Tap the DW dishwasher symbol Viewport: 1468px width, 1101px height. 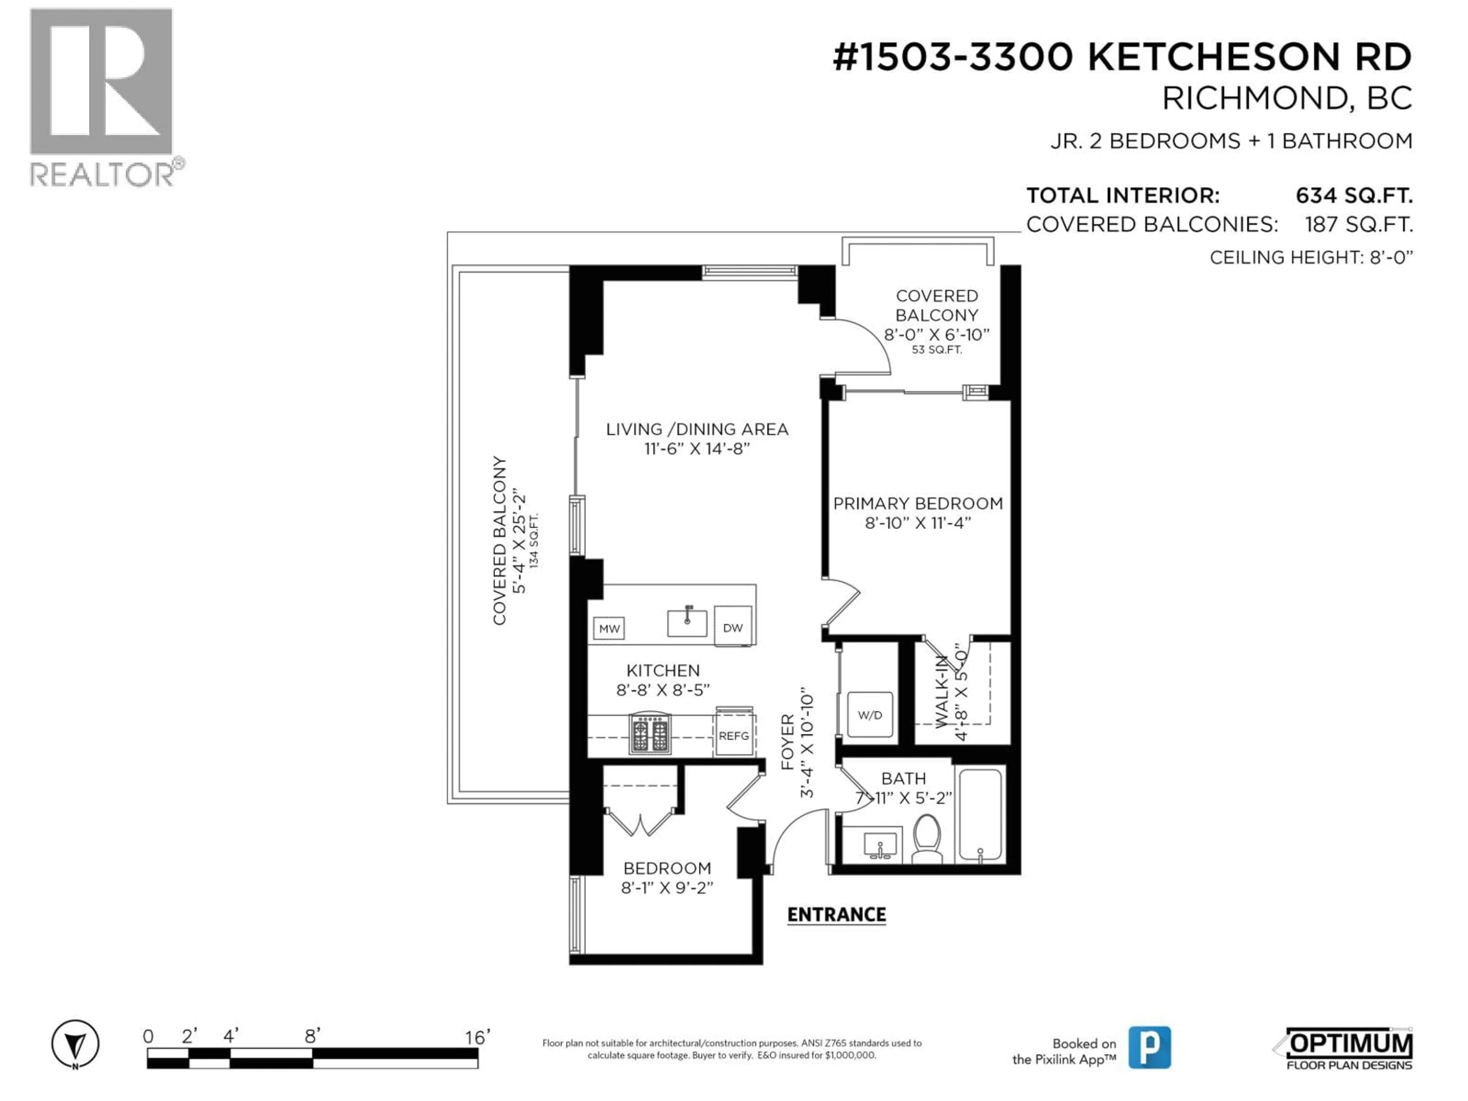pyautogui.click(x=733, y=627)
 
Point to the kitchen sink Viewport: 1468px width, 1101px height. pyautogui.click(x=687, y=622)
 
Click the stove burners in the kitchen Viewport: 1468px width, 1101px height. pyautogui.click(x=650, y=734)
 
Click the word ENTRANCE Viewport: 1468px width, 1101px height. pyautogui.click(x=836, y=914)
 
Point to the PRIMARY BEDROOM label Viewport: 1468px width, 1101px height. pyautogui.click(x=918, y=504)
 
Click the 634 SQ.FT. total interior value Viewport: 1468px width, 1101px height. pyautogui.click(x=1354, y=196)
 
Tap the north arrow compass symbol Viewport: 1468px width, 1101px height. pyautogui.click(x=75, y=1044)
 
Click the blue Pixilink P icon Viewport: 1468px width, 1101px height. pyautogui.click(x=1150, y=1047)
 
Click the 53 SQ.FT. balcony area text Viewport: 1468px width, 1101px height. pyautogui.click(x=936, y=350)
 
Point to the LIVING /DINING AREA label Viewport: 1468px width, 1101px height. pyautogui.click(x=697, y=429)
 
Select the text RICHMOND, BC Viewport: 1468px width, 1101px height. pyautogui.click(x=1286, y=99)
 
